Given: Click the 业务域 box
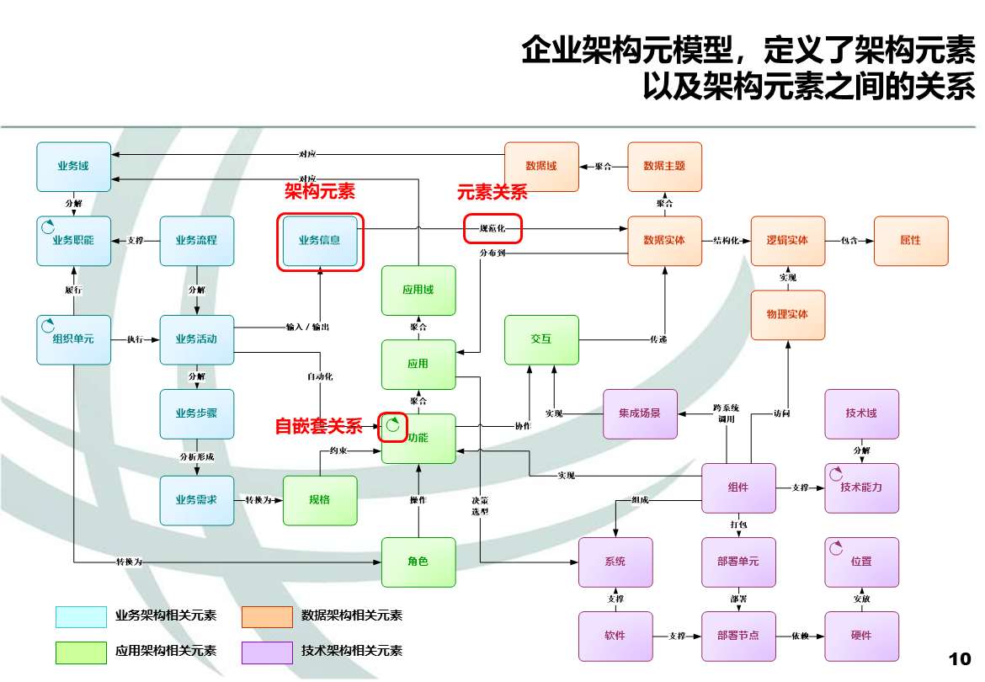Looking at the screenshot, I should pyautogui.click(x=73, y=167).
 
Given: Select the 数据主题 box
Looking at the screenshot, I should pyautogui.click(x=664, y=167).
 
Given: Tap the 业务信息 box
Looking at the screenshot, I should pyautogui.click(x=320, y=241).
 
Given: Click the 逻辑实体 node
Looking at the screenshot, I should pyautogui.click(x=787, y=241).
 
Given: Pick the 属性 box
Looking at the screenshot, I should pyautogui.click(x=910, y=241).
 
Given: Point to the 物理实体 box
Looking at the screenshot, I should pyautogui.click(x=787, y=315).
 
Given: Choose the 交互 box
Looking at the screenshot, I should pyautogui.click(x=541, y=339).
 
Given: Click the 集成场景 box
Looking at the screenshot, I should pyautogui.click(x=640, y=413).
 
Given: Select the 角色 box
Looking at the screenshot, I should pyautogui.click(x=418, y=562).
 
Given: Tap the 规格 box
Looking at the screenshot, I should pyautogui.click(x=320, y=500).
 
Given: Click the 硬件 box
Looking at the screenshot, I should pyautogui.click(x=861, y=636).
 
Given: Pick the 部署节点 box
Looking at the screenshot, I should pyautogui.click(x=738, y=636).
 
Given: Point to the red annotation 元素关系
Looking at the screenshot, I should pyautogui.click(x=492, y=192).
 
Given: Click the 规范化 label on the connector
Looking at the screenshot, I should pyautogui.click(x=492, y=228).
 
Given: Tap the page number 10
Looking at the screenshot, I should pyautogui.click(x=960, y=658).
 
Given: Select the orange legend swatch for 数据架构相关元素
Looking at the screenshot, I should pyautogui.click(x=267, y=617).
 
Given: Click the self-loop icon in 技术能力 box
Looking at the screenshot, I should pyautogui.click(x=836, y=474).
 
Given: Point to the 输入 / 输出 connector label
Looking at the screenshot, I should pyautogui.click(x=307, y=327).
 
